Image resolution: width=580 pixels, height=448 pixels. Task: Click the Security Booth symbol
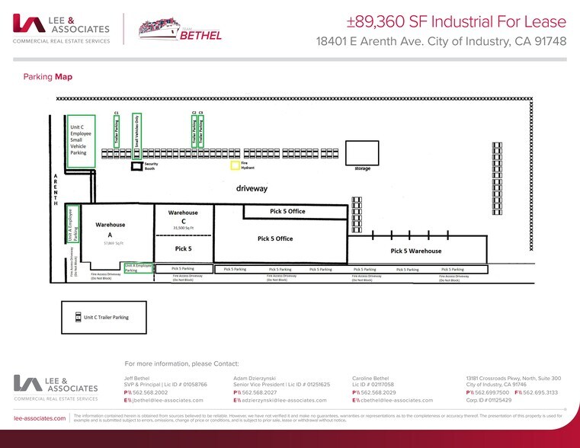pos(136,165)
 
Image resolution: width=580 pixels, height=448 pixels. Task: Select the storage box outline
pos(362,153)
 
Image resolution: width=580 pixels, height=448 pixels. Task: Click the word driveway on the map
pos(252,187)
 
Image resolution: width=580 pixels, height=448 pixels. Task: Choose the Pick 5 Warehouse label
pos(416,251)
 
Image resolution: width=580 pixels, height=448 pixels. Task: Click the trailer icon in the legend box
pos(77,317)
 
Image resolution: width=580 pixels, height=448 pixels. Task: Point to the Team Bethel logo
pos(181,28)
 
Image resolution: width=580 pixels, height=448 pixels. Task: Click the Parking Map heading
pos(48,76)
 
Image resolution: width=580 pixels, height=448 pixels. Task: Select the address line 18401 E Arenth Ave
pos(441,41)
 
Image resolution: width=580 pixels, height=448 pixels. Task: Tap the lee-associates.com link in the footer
pos(39,418)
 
